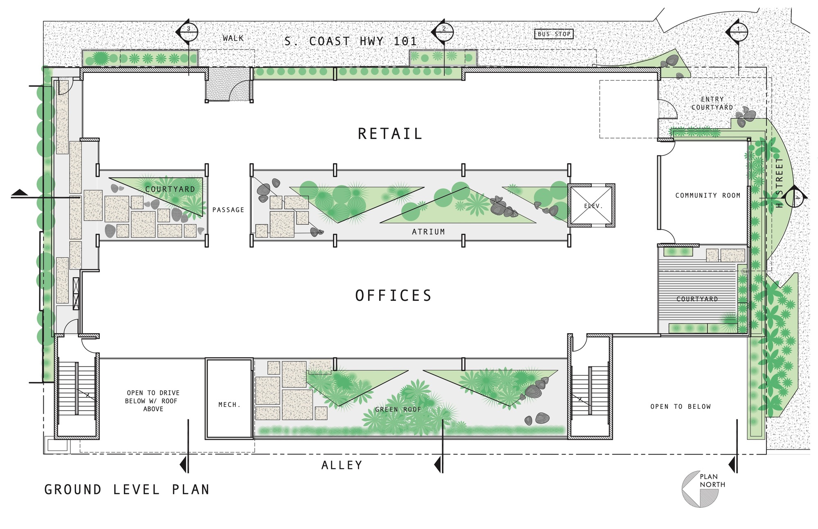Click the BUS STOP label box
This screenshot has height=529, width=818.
coord(554,34)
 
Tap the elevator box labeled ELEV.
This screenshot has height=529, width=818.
coord(591,206)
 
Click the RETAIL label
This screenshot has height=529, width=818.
coord(390,134)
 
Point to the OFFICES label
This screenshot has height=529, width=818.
coord(393,296)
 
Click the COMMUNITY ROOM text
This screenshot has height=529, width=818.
coord(708,195)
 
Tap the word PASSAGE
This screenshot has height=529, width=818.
coord(228,210)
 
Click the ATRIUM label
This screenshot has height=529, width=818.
coord(428,232)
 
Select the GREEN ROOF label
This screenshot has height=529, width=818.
coord(398,409)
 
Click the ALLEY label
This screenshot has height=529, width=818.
coord(342,465)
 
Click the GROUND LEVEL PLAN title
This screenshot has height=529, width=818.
coord(127,489)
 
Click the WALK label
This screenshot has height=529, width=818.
coord(233,38)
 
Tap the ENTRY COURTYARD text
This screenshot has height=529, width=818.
coord(712,103)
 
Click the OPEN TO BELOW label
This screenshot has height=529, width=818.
coord(681,406)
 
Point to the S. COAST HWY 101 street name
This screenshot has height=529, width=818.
coord(351,41)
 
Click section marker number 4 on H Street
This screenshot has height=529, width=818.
coord(796,197)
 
